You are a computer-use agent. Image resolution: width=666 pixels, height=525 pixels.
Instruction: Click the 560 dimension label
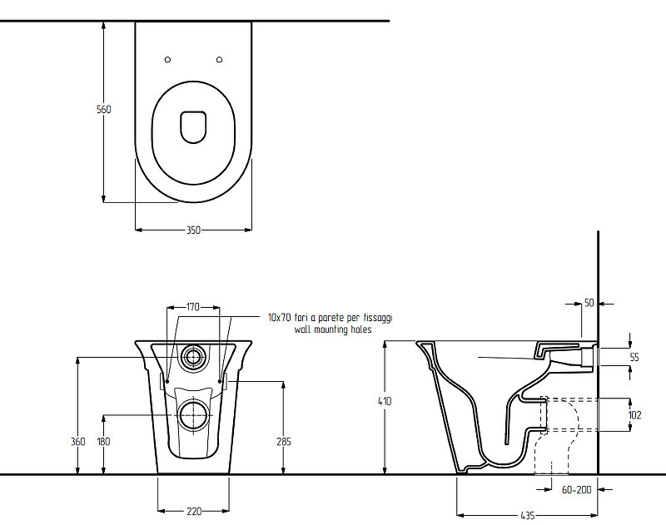(103, 109)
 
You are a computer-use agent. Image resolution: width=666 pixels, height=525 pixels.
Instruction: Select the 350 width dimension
(193, 230)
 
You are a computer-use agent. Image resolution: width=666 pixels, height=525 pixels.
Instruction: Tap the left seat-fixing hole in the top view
(168, 60)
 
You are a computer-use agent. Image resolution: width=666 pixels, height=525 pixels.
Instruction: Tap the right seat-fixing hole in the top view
(219, 60)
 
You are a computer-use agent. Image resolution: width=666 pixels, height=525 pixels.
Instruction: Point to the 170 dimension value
(193, 306)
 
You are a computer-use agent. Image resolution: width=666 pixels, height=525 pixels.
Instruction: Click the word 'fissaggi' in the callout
(378, 318)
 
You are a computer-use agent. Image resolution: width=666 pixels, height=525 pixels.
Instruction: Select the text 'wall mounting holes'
(333, 329)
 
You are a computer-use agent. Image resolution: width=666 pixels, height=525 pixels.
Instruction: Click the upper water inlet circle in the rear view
(193, 358)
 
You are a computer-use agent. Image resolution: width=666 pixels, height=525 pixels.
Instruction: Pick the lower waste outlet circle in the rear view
(194, 414)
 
